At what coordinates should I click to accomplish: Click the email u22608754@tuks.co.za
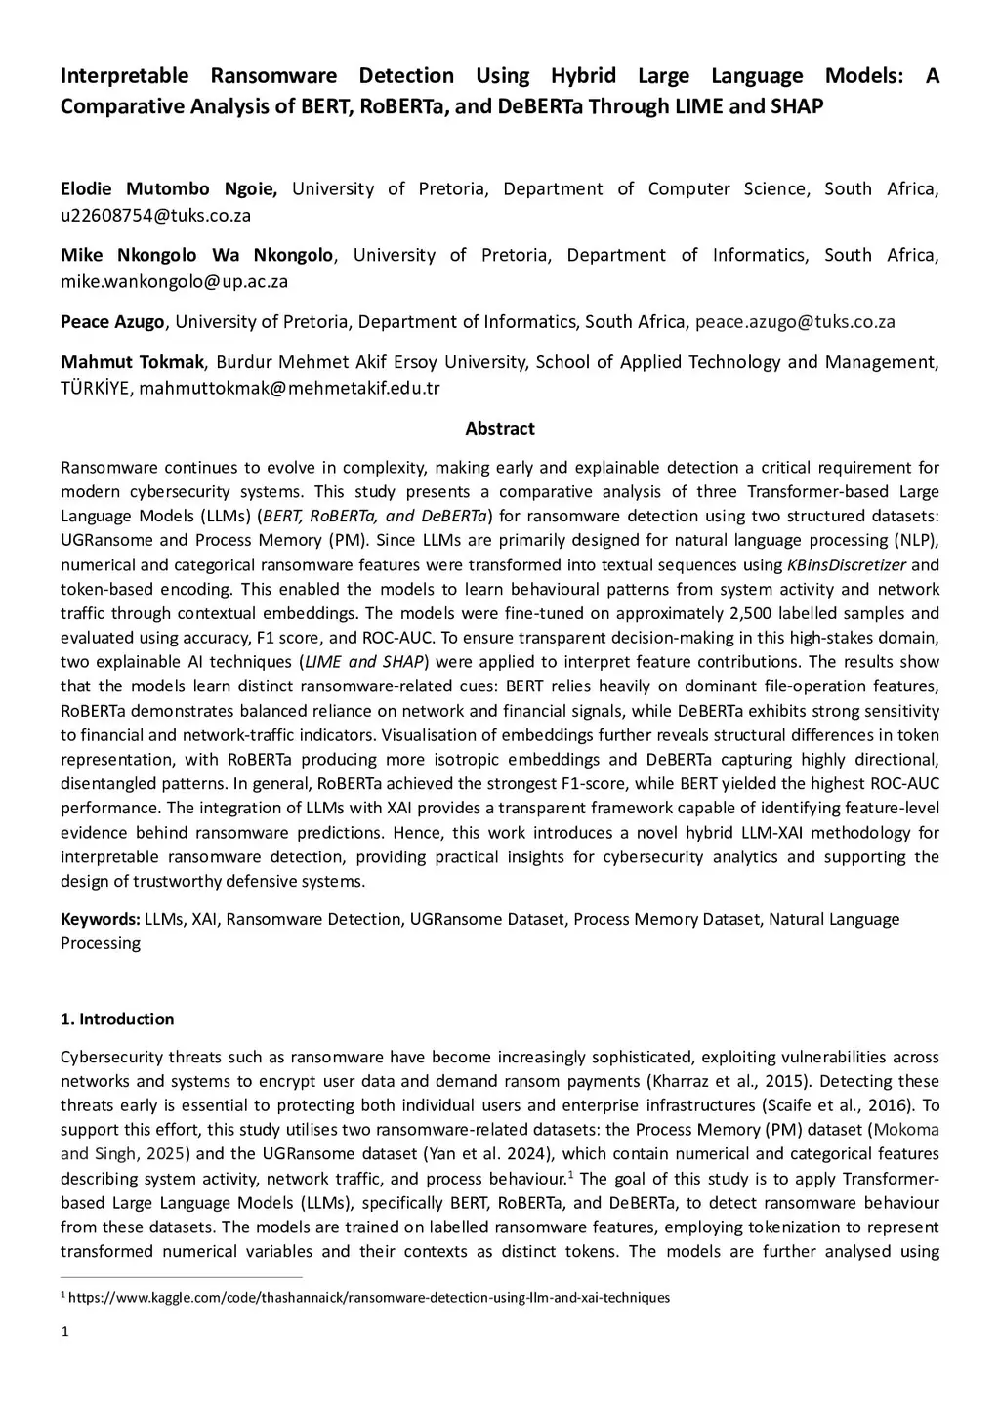[x=155, y=216]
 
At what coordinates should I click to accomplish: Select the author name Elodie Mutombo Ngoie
[x=169, y=189]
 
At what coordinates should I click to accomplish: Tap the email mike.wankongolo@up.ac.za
[x=174, y=282]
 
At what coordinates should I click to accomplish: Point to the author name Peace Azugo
[x=113, y=322]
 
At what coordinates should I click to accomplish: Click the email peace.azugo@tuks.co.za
[x=795, y=322]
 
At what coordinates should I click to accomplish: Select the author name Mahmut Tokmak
[x=132, y=362]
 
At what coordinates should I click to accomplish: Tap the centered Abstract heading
[x=499, y=429]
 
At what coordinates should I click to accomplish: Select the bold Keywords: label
[x=101, y=919]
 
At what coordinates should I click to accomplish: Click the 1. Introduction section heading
[x=117, y=1019]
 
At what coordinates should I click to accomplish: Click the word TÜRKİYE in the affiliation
[x=96, y=389]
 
